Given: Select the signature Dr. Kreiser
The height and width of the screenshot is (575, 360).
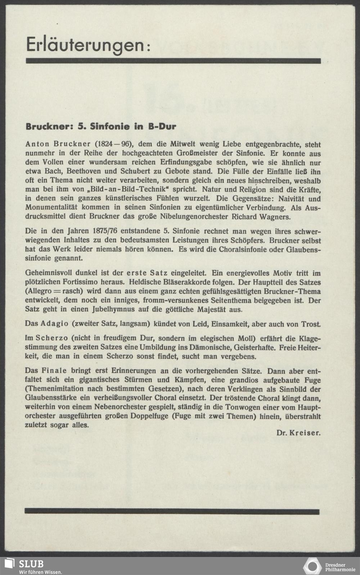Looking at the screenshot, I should [x=298, y=433].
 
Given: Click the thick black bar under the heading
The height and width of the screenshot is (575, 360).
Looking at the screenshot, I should [x=173, y=61].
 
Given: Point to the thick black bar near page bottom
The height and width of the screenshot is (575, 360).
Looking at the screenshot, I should [x=172, y=512].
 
